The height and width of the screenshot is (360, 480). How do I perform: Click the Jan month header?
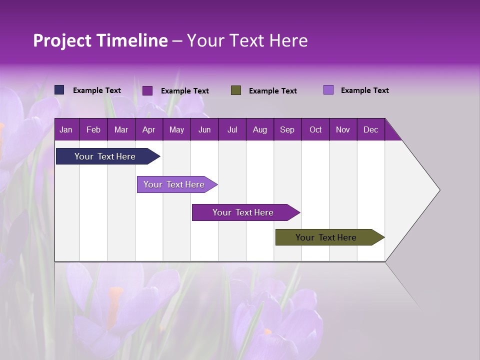point(66,129)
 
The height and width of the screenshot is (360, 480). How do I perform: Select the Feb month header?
point(93,129)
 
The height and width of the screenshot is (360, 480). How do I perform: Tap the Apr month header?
point(148,129)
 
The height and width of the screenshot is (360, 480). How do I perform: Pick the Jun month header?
point(204,129)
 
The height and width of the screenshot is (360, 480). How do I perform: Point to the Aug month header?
point(259,129)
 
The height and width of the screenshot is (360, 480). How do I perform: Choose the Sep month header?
point(287,129)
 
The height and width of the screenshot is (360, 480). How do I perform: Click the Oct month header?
point(315,129)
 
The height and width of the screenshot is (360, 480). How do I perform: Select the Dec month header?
point(370,129)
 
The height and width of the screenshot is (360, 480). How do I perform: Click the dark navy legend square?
point(59,90)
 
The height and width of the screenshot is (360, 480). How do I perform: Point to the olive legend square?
point(236,90)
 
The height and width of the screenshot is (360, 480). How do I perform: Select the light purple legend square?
point(328,90)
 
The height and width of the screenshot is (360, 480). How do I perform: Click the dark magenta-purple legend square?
point(147,90)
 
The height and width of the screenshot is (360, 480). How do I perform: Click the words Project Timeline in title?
point(100,40)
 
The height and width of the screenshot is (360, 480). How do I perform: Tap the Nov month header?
point(343,129)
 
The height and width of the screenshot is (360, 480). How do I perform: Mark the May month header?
point(176,129)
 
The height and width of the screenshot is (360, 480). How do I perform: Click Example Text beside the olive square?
point(272,91)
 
